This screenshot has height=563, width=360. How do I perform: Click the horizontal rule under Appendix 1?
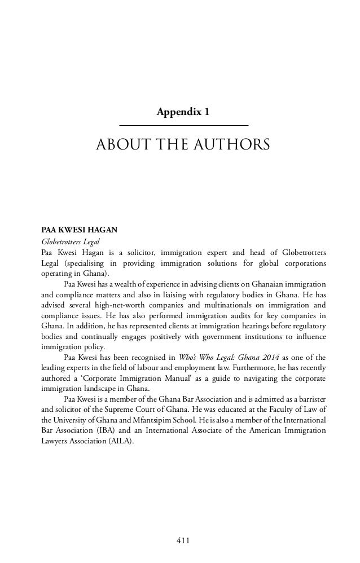[x=184, y=124]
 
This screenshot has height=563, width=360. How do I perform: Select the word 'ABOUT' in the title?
[x=117, y=146]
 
